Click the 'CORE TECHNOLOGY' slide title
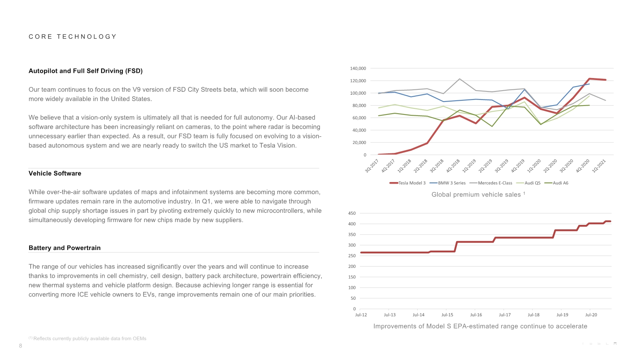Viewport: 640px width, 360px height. [x=73, y=36]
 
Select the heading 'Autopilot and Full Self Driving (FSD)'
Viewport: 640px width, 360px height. [x=85, y=71]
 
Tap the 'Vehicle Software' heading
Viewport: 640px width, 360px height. [x=55, y=173]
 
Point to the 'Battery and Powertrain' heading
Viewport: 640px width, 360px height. [x=65, y=248]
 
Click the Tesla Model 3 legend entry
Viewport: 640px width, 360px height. [x=408, y=183]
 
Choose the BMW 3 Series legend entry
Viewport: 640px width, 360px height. [x=448, y=183]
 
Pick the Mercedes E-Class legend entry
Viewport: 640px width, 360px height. [x=491, y=183]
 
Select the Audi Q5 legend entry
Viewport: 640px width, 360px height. [x=528, y=183]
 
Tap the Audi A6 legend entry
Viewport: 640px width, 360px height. [x=556, y=183]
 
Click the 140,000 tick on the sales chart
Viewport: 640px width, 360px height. [x=358, y=68]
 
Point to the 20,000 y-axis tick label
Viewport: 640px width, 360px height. [x=359, y=142]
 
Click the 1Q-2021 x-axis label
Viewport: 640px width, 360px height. [x=599, y=166]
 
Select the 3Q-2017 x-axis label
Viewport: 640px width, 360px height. [x=372, y=166]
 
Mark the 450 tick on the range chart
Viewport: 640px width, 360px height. [x=352, y=213]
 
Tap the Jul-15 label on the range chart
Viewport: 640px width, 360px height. [x=447, y=315]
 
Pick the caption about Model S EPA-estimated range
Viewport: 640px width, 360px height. [x=480, y=326]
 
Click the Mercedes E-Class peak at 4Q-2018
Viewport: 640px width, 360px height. [x=459, y=79]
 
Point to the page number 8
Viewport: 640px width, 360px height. [x=20, y=346]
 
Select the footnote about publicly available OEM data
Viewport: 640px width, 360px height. [x=87, y=339]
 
